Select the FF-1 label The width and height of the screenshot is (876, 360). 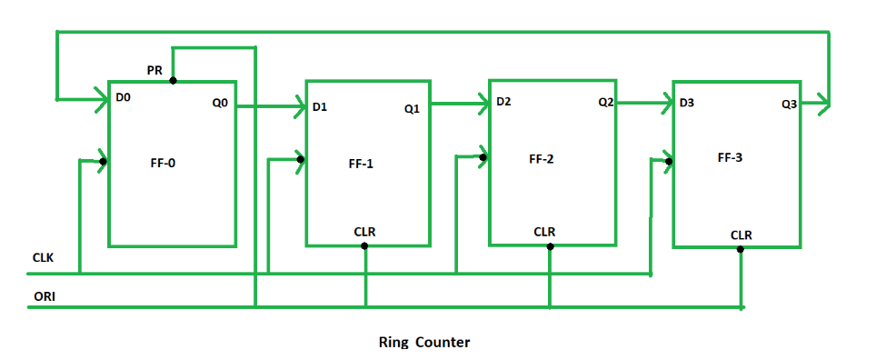[361, 165]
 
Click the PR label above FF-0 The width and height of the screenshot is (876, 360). [154, 70]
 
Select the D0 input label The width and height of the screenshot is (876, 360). [124, 95]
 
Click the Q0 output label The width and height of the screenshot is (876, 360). [220, 103]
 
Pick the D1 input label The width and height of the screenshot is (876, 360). [320, 107]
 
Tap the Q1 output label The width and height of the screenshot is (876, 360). [412, 109]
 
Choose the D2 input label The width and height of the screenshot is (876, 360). [504, 101]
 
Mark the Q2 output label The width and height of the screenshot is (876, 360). [606, 103]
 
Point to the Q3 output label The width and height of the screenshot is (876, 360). [789, 105]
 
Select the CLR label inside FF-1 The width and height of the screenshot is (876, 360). [364, 232]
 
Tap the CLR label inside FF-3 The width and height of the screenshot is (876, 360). [741, 235]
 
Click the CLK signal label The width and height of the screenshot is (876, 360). [43, 257]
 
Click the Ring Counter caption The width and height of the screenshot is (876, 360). [423, 343]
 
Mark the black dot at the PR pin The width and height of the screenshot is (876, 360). [173, 80]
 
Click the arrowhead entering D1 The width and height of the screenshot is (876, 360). [298, 108]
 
